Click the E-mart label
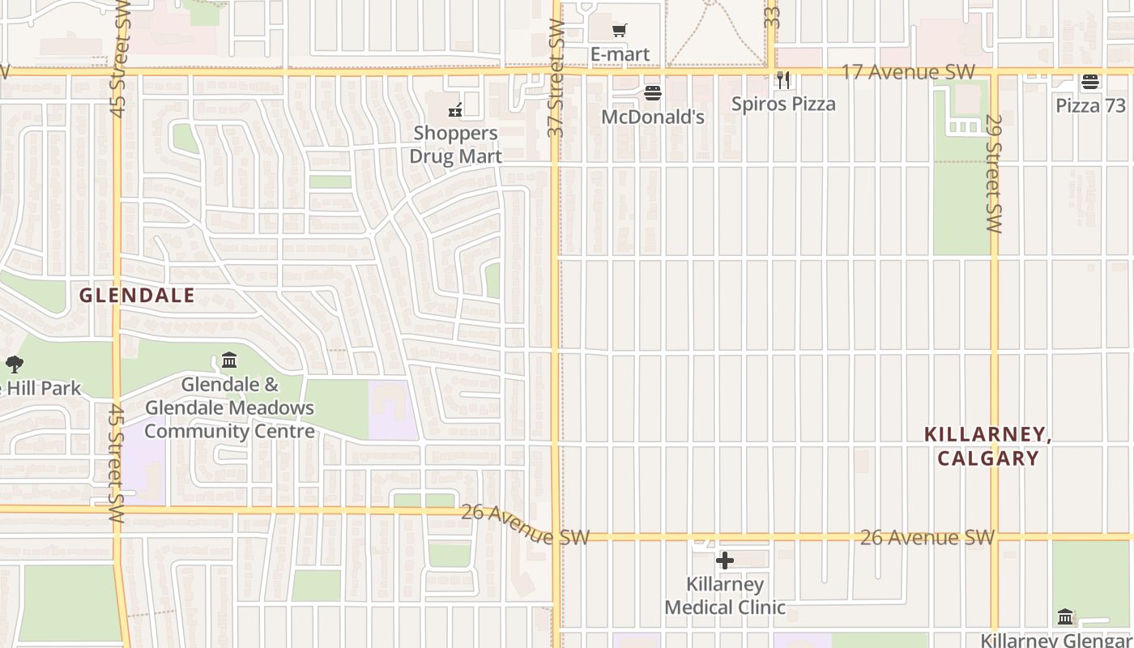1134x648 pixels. point(620,55)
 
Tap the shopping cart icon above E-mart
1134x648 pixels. point(620,31)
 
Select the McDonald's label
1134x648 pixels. point(653,117)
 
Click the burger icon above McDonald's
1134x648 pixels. point(653,93)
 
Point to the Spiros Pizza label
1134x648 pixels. point(783,104)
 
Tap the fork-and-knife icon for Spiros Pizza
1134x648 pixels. point(783,80)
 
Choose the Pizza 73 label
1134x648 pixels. point(1090,105)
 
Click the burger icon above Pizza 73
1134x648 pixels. point(1090,82)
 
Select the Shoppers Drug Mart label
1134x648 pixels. point(456,144)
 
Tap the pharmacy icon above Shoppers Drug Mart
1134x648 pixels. point(456,109)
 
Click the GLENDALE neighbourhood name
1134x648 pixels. point(137,296)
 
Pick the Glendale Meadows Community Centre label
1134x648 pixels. point(229,407)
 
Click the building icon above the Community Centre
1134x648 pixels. point(229,360)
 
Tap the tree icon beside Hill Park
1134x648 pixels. point(14,364)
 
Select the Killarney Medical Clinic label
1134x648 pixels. point(725,595)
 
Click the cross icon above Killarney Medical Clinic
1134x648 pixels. point(725,561)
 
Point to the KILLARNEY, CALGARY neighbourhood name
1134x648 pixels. point(988,446)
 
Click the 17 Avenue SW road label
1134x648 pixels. point(908,72)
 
